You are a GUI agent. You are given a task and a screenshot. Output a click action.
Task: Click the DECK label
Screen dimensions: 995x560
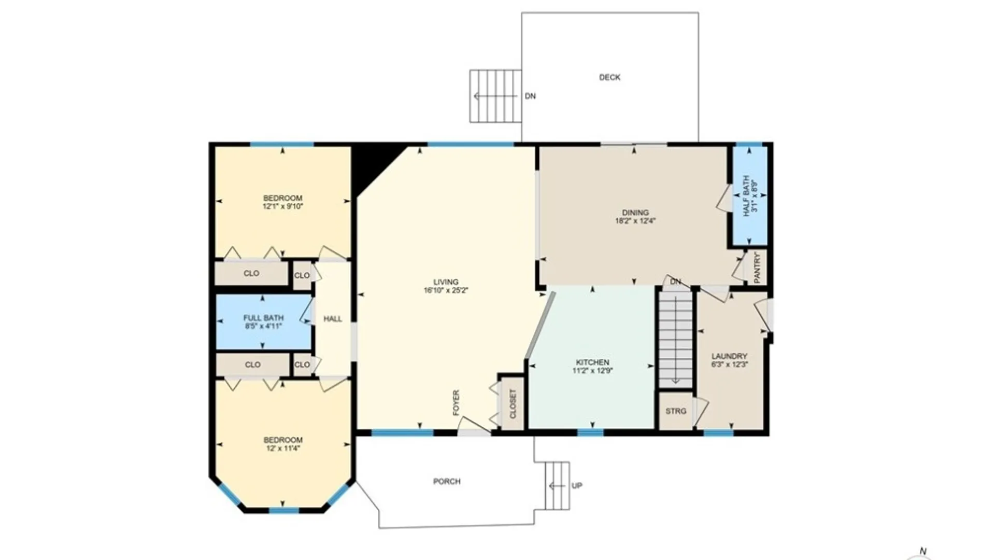609,77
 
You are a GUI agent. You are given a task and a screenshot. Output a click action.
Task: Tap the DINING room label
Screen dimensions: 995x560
635,213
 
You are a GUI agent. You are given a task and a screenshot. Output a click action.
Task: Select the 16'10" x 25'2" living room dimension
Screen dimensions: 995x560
446,291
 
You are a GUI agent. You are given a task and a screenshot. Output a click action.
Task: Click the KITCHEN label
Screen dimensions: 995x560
592,362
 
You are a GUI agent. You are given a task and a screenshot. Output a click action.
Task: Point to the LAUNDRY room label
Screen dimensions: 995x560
729,356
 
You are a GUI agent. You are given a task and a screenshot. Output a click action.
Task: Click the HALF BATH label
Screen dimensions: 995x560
746,196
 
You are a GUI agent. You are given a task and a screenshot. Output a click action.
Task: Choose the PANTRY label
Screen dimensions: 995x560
757,268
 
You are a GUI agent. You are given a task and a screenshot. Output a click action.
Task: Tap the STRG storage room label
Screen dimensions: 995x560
676,411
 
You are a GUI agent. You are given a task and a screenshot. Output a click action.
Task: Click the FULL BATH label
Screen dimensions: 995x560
263,318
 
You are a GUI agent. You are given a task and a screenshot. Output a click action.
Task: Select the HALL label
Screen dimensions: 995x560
333,319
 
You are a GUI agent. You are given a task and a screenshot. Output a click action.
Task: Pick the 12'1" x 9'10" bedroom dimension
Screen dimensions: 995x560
282,206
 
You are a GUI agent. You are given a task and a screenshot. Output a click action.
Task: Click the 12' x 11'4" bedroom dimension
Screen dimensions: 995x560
283,449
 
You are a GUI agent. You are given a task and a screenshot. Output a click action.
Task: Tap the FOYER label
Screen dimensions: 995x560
456,403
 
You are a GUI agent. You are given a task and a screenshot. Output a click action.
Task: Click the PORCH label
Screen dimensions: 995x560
447,482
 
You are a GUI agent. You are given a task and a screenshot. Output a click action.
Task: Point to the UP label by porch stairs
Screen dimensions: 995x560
577,486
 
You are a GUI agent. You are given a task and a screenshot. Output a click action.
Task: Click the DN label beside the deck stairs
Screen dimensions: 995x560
530,96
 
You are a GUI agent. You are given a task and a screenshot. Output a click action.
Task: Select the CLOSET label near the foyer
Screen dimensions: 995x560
513,404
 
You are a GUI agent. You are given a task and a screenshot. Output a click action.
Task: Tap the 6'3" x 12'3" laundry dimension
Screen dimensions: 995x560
730,365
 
